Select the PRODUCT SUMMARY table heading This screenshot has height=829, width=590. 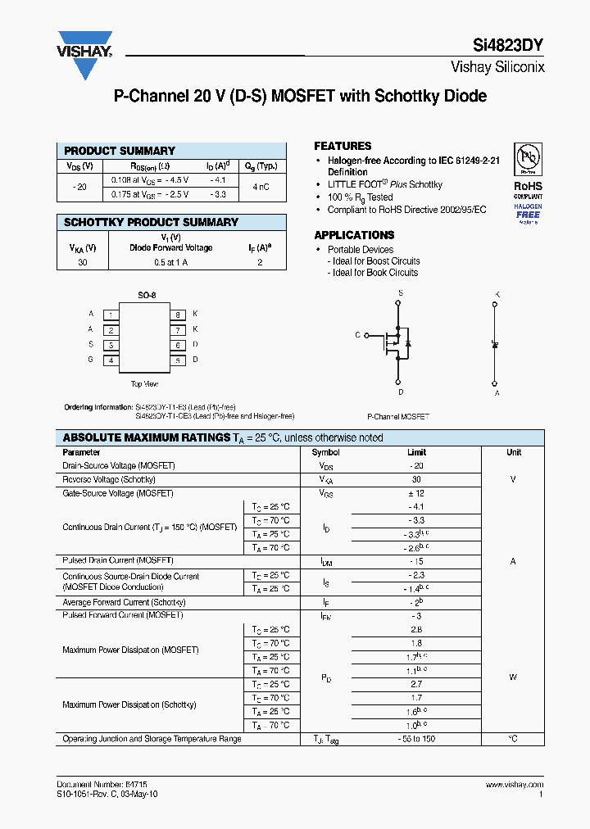click(120, 151)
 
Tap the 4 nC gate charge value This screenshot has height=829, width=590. click(261, 188)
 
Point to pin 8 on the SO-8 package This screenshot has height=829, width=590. click(176, 315)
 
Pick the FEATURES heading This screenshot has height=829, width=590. click(343, 146)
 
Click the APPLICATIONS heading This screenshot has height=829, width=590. click(354, 235)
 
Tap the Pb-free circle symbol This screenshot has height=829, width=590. click(527, 156)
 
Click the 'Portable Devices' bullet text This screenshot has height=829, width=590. click(361, 250)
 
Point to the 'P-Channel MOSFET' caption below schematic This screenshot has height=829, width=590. click(398, 417)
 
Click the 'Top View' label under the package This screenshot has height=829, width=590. click(144, 383)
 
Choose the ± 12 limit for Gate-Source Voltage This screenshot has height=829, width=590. click(416, 493)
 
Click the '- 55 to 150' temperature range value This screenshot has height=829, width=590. click(416, 739)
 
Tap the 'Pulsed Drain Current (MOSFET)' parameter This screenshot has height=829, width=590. click(118, 561)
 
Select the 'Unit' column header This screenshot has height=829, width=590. click(513, 452)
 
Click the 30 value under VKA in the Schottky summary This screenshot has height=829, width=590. click(82, 263)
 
